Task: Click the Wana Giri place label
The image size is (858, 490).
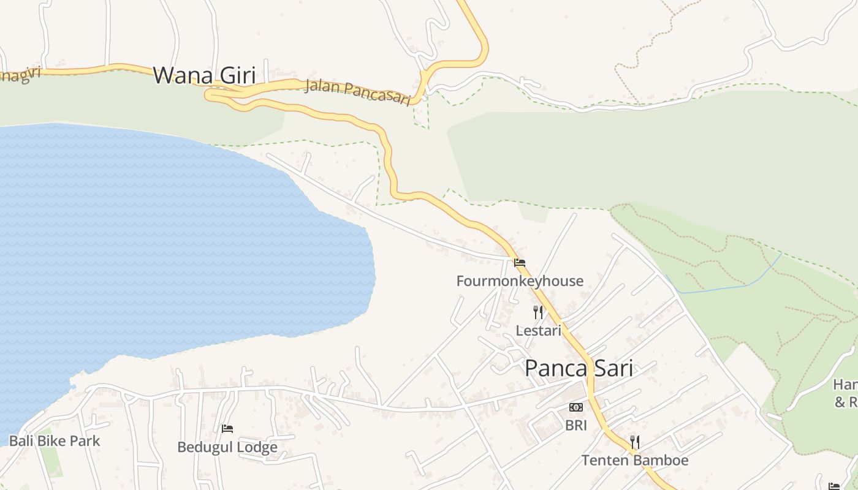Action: point(203,75)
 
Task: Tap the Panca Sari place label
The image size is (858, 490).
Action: point(579,368)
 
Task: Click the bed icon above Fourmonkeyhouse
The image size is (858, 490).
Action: point(520,263)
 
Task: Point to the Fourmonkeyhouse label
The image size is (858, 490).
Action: point(520,281)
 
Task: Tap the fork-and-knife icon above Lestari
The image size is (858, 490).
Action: point(538,312)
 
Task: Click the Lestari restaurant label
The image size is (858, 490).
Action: point(538,331)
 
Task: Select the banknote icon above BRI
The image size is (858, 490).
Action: point(576,407)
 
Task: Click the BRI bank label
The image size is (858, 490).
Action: point(576,425)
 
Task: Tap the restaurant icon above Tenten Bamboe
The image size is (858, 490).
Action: point(635,442)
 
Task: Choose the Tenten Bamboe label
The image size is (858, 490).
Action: point(635,460)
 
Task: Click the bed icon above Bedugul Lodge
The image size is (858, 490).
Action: point(227,429)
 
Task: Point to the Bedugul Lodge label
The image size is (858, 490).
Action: point(227,447)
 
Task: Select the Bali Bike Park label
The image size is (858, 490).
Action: point(54,441)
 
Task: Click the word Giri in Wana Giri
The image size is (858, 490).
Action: point(233,75)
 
